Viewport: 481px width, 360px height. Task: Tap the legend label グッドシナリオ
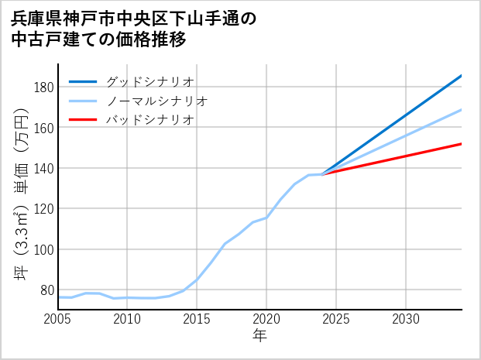149,81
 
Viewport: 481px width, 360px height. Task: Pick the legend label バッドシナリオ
149,120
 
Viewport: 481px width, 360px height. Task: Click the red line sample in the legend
83,120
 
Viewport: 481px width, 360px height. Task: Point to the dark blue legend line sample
83,81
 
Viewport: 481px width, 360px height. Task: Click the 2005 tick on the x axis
58,319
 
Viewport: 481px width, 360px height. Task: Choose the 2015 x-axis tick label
197,319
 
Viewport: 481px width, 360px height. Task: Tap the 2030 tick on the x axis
406,319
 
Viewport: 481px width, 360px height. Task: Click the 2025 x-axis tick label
336,319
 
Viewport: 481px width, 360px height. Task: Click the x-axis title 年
259,337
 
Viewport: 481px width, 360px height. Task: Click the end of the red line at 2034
462,143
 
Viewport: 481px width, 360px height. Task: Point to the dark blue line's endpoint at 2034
462,75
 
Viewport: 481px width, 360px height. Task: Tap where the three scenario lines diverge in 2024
322,174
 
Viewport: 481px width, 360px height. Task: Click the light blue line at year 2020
266,218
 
